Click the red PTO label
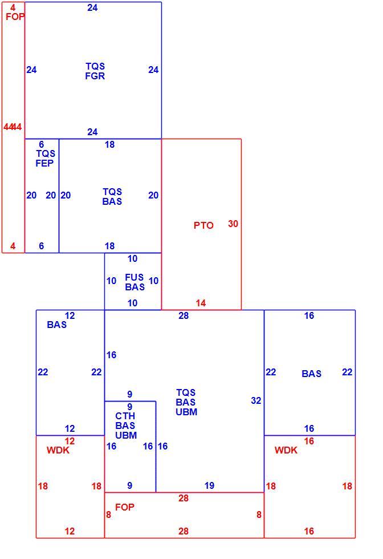[x=203, y=225]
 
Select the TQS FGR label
[x=95, y=71]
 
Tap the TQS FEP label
[x=45, y=159]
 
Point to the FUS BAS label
[x=135, y=282]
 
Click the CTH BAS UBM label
[x=126, y=426]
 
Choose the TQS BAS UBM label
[x=186, y=402]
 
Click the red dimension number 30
[x=233, y=224]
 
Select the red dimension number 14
[x=201, y=303]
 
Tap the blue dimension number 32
[x=256, y=400]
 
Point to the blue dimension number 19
[x=210, y=485]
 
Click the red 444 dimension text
[x=13, y=127]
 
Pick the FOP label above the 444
[x=15, y=17]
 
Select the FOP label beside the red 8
[x=125, y=507]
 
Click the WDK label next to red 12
[x=58, y=450]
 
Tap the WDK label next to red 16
[x=286, y=450]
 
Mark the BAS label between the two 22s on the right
[x=311, y=374]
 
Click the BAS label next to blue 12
[x=56, y=325]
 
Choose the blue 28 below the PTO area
[x=184, y=315]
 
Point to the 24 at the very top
[x=93, y=7]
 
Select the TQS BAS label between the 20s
[x=112, y=196]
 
